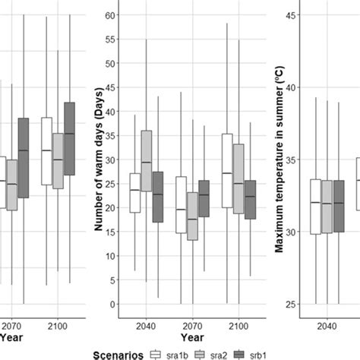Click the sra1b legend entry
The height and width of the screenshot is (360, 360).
click(172, 354)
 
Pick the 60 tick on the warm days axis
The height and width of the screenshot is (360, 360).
click(113, 14)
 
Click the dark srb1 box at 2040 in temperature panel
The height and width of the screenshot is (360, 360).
click(339, 206)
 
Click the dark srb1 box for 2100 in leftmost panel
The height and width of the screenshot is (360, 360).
click(70, 138)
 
